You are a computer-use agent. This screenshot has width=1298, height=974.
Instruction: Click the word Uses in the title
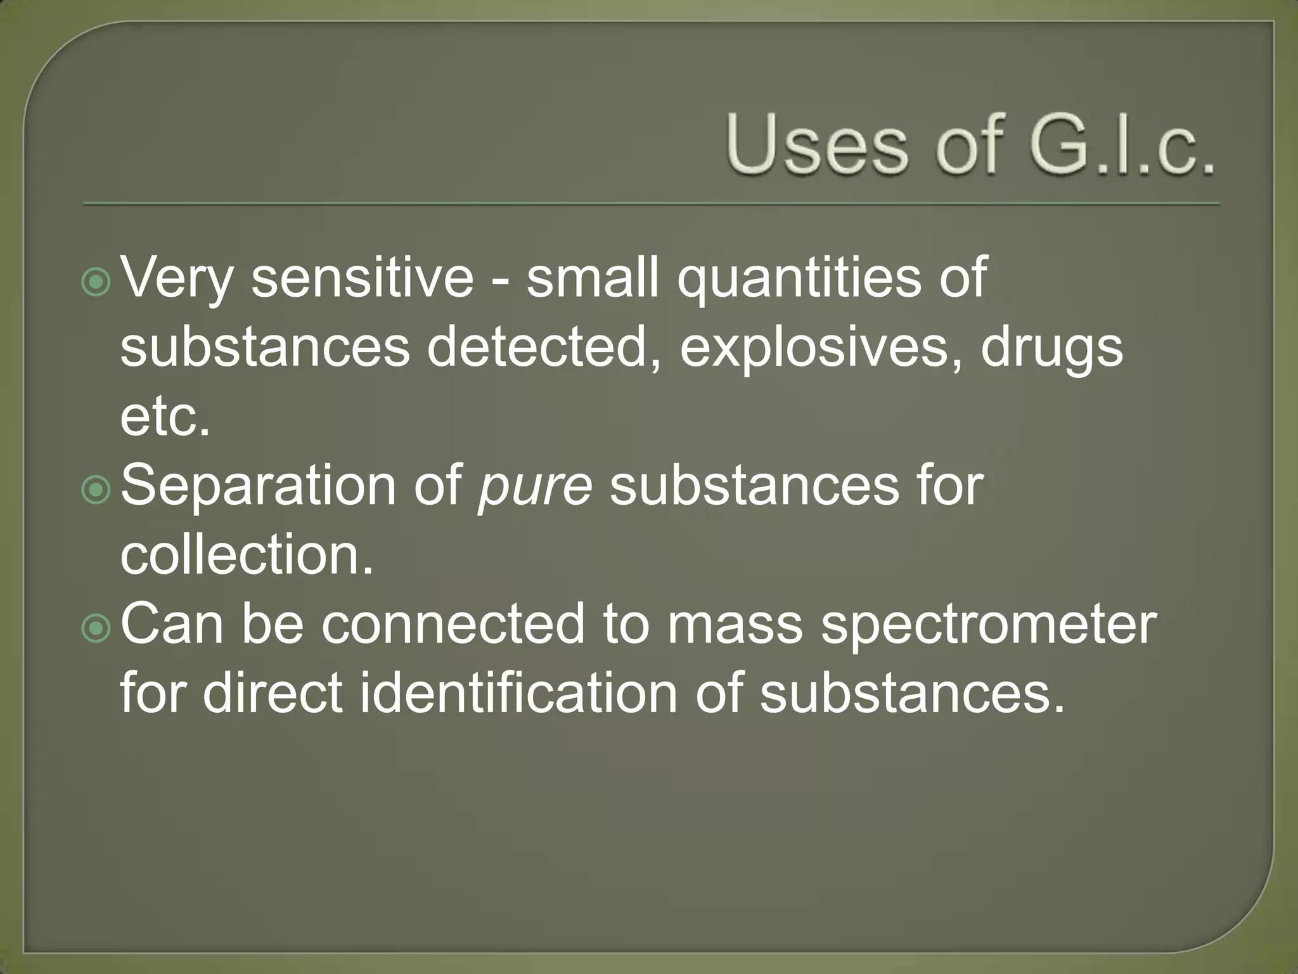818,145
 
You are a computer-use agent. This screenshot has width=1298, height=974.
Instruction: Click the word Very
177,279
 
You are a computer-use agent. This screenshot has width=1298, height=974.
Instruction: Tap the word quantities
799,279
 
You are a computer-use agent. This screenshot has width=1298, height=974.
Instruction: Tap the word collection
247,554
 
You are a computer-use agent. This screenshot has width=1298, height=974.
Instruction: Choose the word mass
735,625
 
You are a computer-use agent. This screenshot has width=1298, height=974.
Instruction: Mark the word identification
519,692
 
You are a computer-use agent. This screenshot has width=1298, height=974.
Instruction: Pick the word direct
273,692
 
